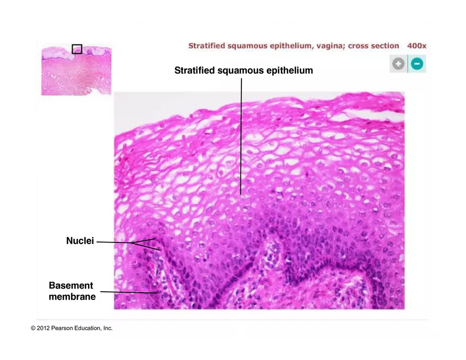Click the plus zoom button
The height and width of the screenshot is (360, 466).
click(x=398, y=64)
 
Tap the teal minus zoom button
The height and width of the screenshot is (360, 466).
click(x=417, y=64)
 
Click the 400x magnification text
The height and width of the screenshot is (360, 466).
click(x=416, y=46)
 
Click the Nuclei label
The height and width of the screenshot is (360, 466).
click(x=80, y=241)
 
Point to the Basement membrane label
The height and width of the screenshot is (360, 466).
click(x=72, y=291)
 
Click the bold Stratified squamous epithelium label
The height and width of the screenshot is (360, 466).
click(x=244, y=70)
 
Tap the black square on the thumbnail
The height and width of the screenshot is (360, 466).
click(x=77, y=49)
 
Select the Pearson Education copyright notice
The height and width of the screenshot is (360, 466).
click(x=71, y=328)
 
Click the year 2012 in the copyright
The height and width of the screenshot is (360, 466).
click(x=43, y=328)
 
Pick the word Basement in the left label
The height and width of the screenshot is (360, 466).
click(x=71, y=286)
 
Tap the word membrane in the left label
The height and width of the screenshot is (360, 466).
click(x=72, y=297)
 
